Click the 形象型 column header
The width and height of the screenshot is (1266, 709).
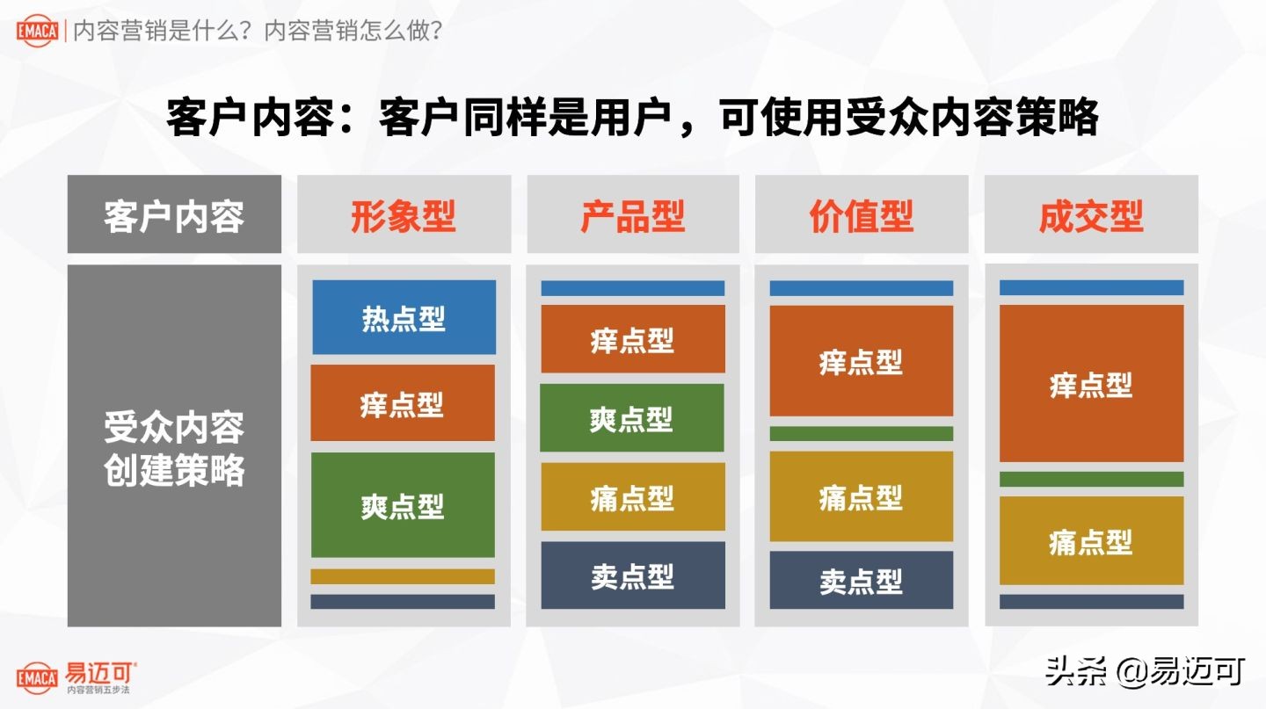404,215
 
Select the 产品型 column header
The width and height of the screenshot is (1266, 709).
632,215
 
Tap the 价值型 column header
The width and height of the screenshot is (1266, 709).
862,215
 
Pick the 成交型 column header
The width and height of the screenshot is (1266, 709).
1091,215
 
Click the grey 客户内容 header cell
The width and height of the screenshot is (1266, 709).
174,215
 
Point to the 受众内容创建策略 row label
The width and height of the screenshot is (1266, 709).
174,449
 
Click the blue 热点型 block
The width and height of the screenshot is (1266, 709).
404,318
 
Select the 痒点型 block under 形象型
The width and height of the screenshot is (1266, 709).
403,404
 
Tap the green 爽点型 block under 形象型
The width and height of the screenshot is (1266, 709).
403,505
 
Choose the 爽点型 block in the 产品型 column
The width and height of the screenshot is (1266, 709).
632,418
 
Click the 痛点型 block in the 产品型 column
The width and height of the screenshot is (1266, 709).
632,497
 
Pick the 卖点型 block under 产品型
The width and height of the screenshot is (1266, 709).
632,575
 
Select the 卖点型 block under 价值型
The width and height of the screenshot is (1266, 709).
862,580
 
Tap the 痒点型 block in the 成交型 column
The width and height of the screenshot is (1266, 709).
1091,384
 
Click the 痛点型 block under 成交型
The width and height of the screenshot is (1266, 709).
1091,541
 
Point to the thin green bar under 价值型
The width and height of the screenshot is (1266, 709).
862,433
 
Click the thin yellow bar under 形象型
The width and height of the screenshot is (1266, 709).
403,576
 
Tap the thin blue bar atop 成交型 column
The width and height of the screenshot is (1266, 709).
1091,287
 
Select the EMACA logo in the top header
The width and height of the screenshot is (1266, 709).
37,32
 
